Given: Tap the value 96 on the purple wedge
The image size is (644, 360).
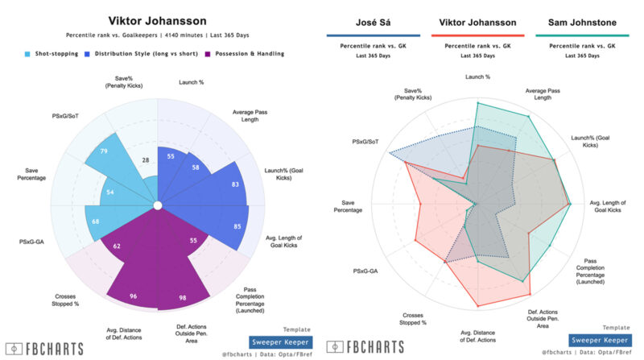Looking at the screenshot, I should (134, 296).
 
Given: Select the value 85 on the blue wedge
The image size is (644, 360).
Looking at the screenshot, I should (237, 226).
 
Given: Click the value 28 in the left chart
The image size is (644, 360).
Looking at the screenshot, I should (145, 161).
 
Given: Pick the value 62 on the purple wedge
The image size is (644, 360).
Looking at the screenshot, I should (117, 246).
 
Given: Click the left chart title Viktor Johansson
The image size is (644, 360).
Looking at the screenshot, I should (157, 19).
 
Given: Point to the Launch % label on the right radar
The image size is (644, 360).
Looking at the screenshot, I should (477, 77).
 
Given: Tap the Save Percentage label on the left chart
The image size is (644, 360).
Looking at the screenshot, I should (31, 172).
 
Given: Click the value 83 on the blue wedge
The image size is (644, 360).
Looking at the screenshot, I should (234, 184).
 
